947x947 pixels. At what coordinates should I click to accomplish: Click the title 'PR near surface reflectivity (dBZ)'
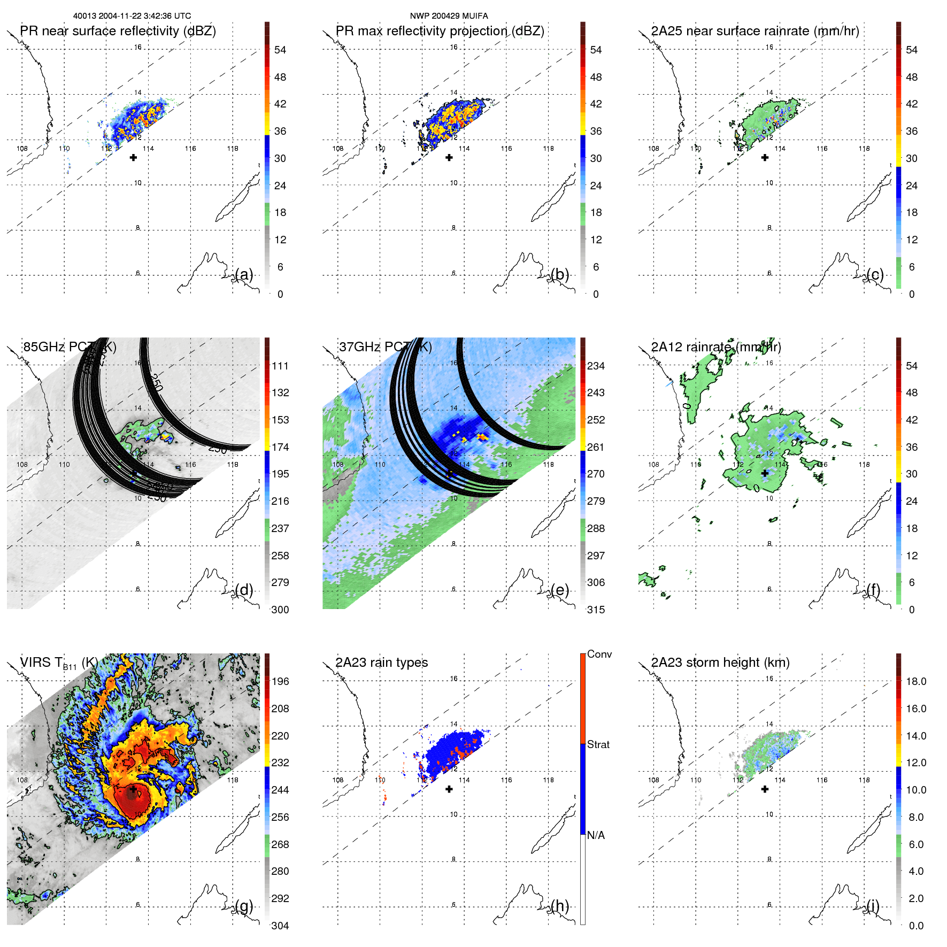point(118,31)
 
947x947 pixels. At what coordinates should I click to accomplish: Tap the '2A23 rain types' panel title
point(381,663)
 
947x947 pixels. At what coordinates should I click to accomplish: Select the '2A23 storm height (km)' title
point(720,663)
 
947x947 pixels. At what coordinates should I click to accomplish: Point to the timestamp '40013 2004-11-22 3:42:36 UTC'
point(132,16)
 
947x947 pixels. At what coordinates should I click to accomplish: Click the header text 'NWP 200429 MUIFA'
point(449,16)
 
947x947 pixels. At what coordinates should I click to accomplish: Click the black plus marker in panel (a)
point(133,158)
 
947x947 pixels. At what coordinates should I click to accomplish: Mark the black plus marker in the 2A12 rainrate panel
point(765,473)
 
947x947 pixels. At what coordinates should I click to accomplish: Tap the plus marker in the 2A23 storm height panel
point(765,789)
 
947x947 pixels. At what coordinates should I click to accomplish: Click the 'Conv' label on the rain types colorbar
point(599,655)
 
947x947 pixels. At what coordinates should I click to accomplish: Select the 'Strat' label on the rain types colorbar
point(598,745)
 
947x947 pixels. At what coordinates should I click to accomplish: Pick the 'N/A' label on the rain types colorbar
point(596,835)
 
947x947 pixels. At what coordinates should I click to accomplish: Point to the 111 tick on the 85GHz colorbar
point(280,366)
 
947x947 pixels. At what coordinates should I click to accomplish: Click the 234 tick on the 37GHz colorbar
point(596,366)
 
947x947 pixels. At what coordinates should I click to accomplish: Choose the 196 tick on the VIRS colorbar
point(280,681)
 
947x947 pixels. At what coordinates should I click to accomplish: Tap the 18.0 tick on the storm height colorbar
point(915,681)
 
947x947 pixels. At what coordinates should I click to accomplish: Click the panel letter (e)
point(560,590)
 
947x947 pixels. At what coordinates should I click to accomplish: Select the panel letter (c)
point(875,274)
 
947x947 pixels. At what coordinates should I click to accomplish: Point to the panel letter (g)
point(244,906)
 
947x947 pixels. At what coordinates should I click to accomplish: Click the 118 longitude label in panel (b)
point(548,149)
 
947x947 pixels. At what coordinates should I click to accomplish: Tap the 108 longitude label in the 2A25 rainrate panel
point(653,149)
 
